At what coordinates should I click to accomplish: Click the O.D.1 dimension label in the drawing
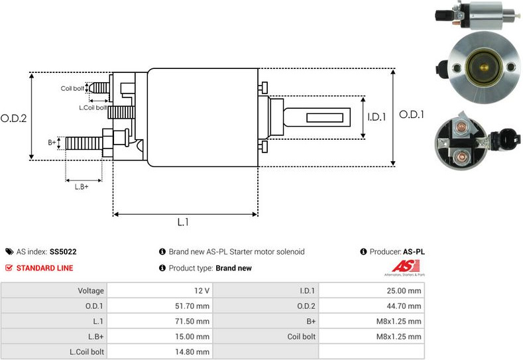pos(411,115)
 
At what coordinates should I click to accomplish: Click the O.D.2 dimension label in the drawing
pos(13,119)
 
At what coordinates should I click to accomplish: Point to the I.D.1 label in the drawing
pos(377,117)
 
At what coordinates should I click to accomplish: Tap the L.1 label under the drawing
pos(184,223)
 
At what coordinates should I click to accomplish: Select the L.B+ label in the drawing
pos(82,186)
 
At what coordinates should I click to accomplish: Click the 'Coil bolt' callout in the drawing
pos(72,88)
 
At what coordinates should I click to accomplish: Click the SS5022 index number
pos(63,252)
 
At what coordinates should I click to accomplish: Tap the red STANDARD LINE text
pos(44,268)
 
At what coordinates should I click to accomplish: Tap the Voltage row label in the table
pos(91,290)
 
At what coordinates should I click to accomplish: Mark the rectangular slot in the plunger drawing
pos(328,118)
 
